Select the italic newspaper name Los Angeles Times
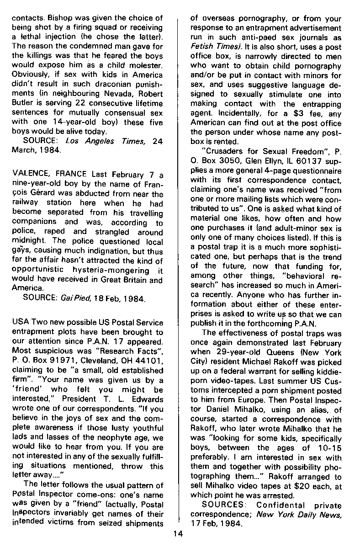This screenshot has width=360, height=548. click(x=103, y=142)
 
